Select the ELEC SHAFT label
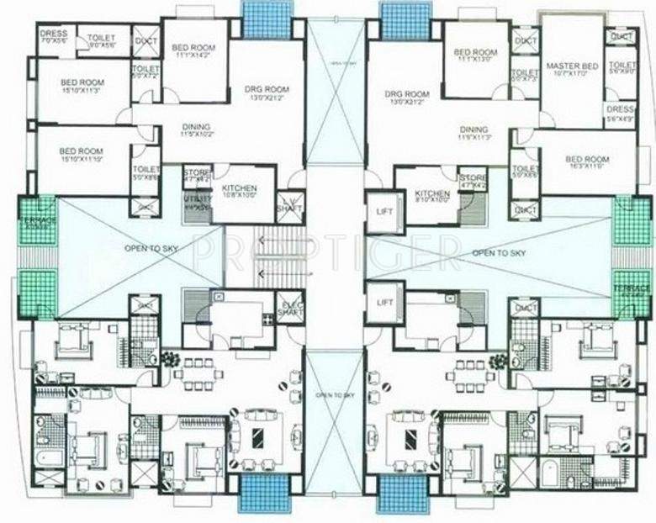tap(291, 308)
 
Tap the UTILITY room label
tap(197, 201)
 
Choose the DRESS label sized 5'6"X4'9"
tap(620, 114)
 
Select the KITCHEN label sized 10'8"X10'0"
tap(240, 193)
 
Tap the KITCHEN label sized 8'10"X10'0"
tap(432, 197)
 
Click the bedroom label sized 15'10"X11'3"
tap(82, 86)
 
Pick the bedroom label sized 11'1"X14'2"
tap(193, 51)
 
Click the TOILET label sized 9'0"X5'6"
tap(103, 40)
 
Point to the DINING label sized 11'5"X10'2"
tap(196, 130)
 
